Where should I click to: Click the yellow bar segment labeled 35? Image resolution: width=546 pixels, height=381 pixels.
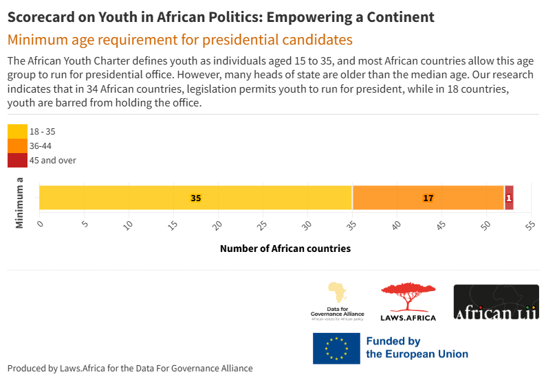click(x=196, y=198)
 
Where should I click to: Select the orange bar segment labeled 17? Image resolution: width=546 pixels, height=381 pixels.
click(x=428, y=198)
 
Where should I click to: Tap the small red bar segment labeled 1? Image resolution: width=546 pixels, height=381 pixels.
click(x=509, y=198)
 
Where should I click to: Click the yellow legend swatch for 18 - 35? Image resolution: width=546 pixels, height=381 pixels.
click(x=17, y=131)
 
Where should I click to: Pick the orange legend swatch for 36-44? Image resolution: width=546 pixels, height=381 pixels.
click(x=17, y=146)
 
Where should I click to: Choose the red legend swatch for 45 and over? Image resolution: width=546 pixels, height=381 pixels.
click(x=17, y=160)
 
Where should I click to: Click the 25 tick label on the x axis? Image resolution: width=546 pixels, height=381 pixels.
click(x=262, y=224)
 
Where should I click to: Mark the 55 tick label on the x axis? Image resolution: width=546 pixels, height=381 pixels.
click(x=529, y=224)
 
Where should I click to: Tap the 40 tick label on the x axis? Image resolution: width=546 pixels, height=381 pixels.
click(x=395, y=224)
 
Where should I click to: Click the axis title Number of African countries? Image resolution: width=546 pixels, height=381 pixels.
click(x=285, y=249)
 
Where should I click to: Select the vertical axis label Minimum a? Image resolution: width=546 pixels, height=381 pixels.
click(x=20, y=203)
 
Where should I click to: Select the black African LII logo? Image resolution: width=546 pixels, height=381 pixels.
click(x=496, y=302)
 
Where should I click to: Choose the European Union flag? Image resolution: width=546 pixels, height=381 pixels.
click(x=336, y=348)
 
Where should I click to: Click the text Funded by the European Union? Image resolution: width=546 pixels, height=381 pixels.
click(x=417, y=348)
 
